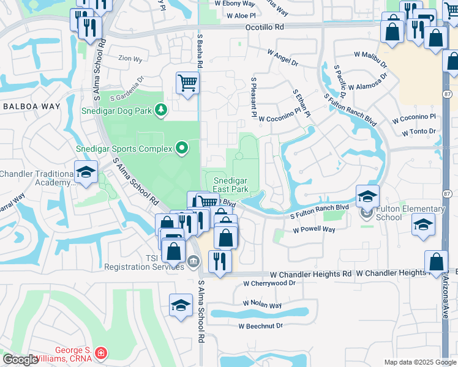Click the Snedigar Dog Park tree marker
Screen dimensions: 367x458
pos(161,109)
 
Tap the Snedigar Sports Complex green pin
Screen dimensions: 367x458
pos(182,147)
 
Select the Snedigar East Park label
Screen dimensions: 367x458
pos(231,185)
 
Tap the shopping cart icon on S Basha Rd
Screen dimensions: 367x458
pos(188,83)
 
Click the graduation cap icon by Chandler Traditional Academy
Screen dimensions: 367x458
pos(86,172)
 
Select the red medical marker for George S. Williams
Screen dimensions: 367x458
pos(100,353)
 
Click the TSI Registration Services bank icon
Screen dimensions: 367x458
pos(193,262)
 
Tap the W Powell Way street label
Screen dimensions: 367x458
pos(314,229)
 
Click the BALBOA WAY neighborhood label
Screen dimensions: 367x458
pos(32,106)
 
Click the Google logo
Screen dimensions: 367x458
pos(20,360)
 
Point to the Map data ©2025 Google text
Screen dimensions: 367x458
pos(419,362)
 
